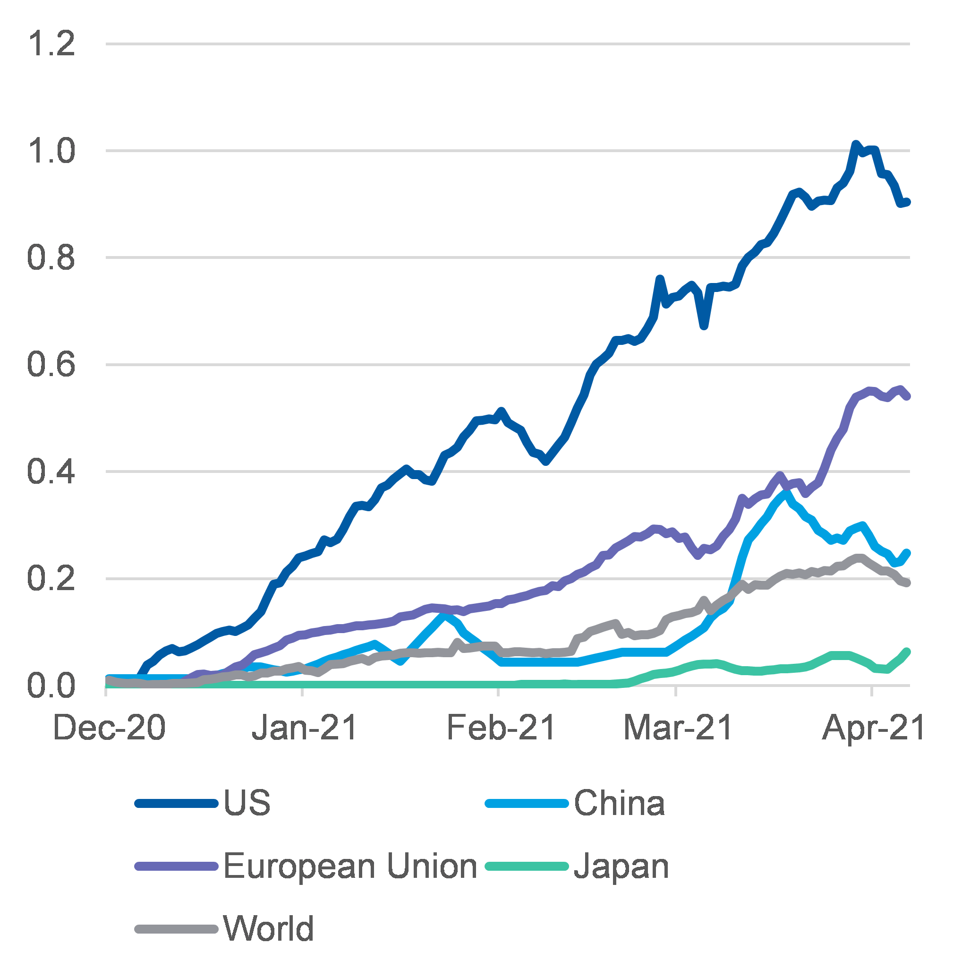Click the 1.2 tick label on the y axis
51,43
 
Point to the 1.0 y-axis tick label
51,151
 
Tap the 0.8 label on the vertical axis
51,258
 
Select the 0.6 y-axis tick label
51,365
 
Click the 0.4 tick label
51,472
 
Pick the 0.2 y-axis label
51,579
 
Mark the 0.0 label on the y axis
51,686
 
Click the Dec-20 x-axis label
109,728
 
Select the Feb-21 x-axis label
501,728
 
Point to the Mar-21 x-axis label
678,728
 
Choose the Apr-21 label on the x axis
873,728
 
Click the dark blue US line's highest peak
855,145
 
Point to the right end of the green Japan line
906,652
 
